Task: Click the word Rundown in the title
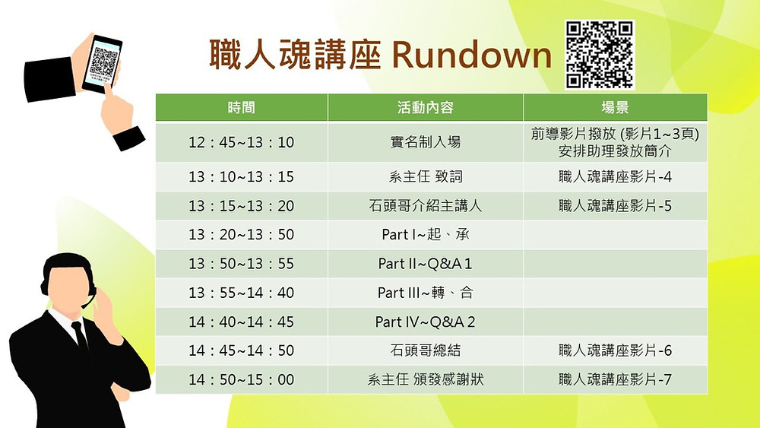tap(471, 55)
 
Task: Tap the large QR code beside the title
tap(600, 55)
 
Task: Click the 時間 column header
tap(242, 107)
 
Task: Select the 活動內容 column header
tap(426, 107)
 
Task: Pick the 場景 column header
tap(615, 107)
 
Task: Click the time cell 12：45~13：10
tap(242, 142)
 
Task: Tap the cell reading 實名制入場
tap(426, 142)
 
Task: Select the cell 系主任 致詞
tap(426, 176)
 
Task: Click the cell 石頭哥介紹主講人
tap(426, 205)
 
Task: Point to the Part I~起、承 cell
tap(426, 235)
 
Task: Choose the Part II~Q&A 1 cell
tap(425, 264)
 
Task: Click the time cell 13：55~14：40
tap(242, 293)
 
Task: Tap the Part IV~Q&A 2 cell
tap(425, 322)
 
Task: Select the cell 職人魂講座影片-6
tap(615, 350)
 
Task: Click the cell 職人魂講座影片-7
tap(615, 379)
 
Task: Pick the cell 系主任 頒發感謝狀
tap(426, 379)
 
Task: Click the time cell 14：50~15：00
tap(242, 379)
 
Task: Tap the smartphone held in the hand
tap(102, 64)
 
